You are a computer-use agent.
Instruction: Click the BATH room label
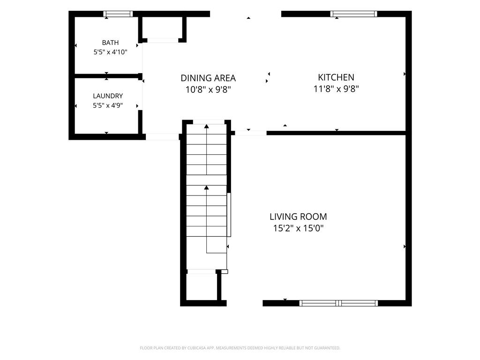point(110,43)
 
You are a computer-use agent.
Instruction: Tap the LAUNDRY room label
point(108,96)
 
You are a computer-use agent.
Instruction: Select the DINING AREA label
point(208,78)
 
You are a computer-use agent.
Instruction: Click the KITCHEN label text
point(336,77)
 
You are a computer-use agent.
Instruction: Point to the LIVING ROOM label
point(298,217)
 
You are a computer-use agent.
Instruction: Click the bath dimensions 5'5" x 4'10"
point(110,52)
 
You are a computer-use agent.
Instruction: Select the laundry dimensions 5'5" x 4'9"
point(108,105)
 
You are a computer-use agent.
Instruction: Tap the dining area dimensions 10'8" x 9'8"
point(208,90)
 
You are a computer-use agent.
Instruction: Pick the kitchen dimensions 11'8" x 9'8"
point(336,89)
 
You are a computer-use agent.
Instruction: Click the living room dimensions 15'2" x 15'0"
point(298,228)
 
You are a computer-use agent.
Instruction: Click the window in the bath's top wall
point(118,14)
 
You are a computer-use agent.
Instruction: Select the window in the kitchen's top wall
point(353,14)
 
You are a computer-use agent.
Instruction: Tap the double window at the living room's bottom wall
point(338,303)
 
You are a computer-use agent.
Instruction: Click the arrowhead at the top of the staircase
point(207,126)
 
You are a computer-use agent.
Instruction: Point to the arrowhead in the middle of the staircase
point(207,187)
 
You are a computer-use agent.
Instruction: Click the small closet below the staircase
point(202,286)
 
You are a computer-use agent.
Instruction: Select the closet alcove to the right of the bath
point(163,28)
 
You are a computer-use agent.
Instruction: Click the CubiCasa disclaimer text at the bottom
point(240,348)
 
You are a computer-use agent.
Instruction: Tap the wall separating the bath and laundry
point(107,76)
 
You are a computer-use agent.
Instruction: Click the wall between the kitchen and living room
point(336,133)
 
